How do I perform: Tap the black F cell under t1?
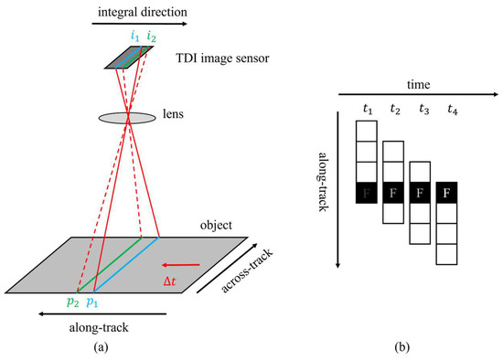(x=368, y=193)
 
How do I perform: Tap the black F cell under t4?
(x=449, y=193)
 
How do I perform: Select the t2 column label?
(x=395, y=111)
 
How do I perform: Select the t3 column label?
(x=422, y=111)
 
